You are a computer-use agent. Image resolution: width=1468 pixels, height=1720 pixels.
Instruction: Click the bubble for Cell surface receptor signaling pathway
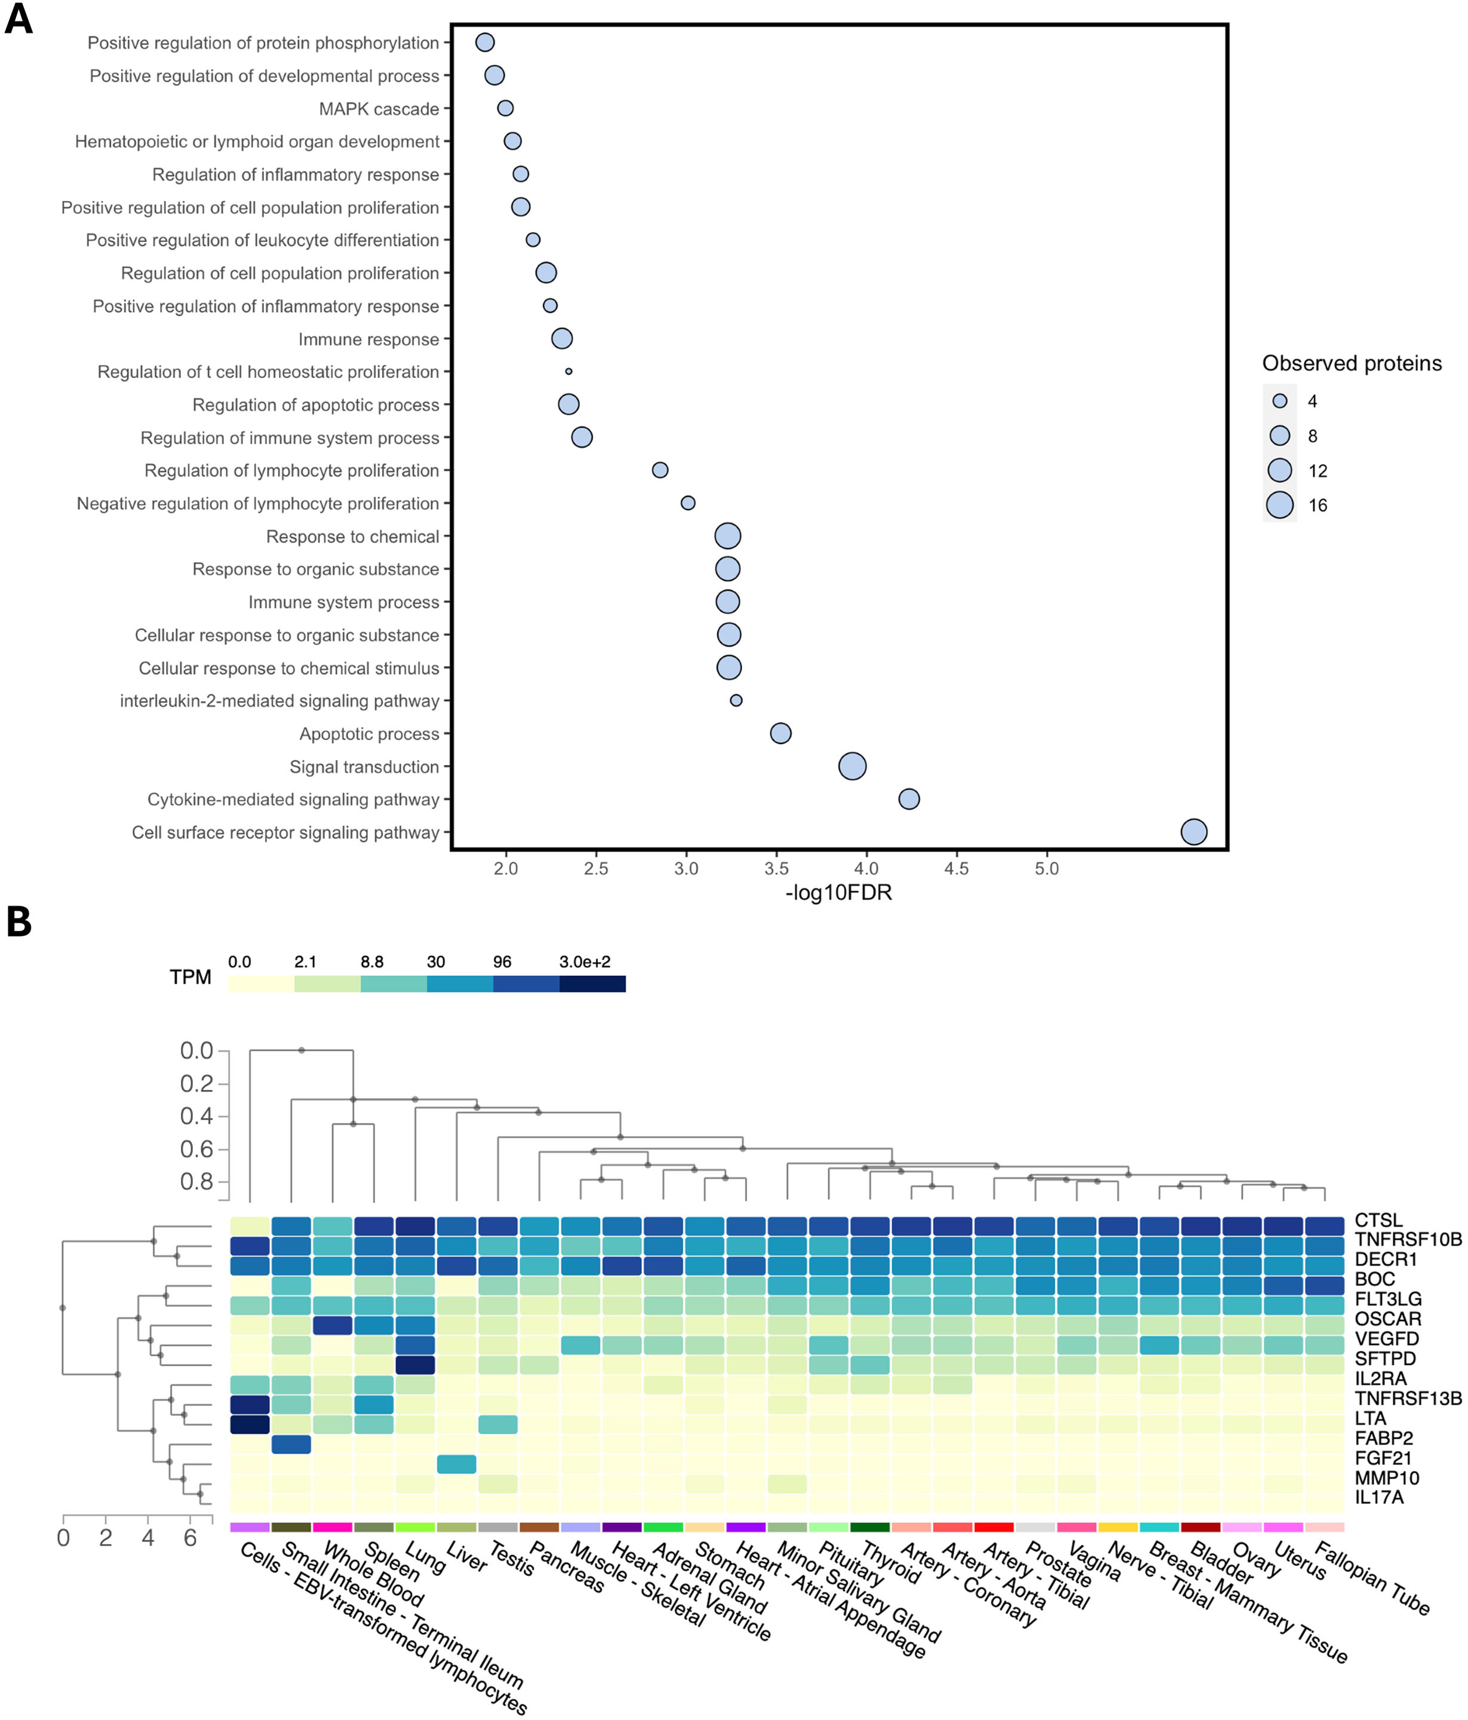(1193, 832)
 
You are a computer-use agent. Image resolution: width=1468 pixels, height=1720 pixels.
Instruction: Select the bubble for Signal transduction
(852, 766)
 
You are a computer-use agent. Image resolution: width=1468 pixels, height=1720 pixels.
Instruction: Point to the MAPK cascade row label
(379, 109)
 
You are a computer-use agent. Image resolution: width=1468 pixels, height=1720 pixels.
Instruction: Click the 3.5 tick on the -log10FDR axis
(776, 869)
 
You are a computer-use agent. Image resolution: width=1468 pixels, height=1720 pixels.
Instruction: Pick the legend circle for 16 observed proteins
(1279, 505)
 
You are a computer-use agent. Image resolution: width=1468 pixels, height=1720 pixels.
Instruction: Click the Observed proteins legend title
(1351, 364)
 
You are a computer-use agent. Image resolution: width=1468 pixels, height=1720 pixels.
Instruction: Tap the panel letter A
(19, 19)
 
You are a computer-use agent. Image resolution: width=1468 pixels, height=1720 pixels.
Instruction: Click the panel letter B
(19, 922)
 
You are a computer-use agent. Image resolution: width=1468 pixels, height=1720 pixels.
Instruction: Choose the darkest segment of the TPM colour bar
(592, 984)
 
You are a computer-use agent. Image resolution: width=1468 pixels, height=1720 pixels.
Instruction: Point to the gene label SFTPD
(1384, 1359)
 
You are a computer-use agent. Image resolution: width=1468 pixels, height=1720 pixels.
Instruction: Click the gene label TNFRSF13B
(1408, 1398)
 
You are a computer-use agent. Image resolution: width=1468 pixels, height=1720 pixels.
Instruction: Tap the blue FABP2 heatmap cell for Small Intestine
(291, 1445)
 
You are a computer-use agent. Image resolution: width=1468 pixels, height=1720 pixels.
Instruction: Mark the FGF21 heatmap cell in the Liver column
(457, 1464)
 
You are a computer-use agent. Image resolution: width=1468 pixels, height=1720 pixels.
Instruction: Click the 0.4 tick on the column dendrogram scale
(196, 1116)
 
